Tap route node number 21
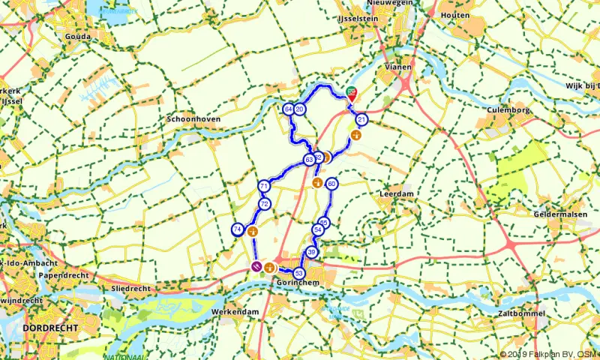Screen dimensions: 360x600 click(x=362, y=120)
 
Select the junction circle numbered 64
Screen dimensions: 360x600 click(x=289, y=109)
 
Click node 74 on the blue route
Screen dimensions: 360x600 click(x=237, y=229)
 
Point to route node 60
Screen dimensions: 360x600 click(x=331, y=184)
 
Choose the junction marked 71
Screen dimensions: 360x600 click(x=263, y=186)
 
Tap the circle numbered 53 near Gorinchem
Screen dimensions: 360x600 click(x=299, y=273)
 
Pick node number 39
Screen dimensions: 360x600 click(x=311, y=253)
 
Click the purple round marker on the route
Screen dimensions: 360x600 click(x=256, y=266)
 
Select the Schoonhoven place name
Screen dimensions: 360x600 click(x=192, y=119)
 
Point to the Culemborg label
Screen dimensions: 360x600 click(x=509, y=109)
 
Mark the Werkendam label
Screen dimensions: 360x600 click(x=234, y=311)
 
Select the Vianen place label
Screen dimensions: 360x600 click(x=398, y=67)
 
